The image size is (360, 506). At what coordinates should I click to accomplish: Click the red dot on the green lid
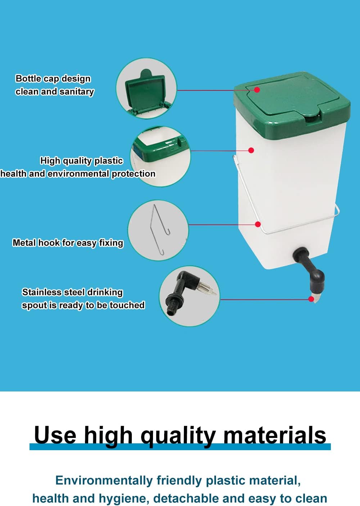click(257, 90)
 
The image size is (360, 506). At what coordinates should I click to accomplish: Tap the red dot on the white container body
click(251, 150)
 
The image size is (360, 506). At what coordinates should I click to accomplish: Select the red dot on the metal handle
click(258, 224)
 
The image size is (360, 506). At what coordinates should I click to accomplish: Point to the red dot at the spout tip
click(311, 299)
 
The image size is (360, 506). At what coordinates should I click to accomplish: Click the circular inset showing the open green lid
click(147, 88)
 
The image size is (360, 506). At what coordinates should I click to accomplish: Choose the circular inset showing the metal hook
click(158, 230)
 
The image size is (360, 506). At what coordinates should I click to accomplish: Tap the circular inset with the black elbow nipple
click(189, 296)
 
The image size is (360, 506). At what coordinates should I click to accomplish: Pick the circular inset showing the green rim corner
click(160, 157)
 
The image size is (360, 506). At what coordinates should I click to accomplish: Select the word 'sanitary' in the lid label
click(77, 92)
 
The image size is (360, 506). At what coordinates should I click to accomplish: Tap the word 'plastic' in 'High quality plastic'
click(109, 161)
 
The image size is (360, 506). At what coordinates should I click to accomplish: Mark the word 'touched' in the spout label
click(127, 305)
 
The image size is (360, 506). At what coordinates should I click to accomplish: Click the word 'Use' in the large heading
click(55, 435)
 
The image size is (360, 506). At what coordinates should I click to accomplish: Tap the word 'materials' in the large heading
click(275, 435)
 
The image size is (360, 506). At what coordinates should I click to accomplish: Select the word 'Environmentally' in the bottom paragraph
click(104, 480)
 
